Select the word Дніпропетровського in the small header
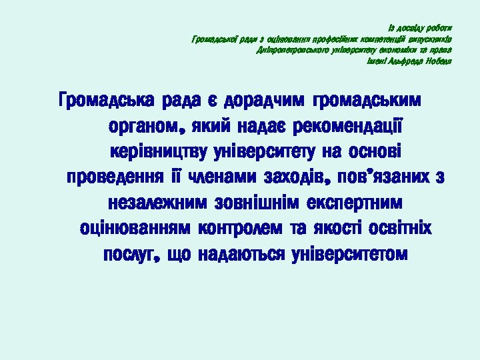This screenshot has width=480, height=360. click(x=283, y=50)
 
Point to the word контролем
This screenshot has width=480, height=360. click(x=241, y=229)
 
